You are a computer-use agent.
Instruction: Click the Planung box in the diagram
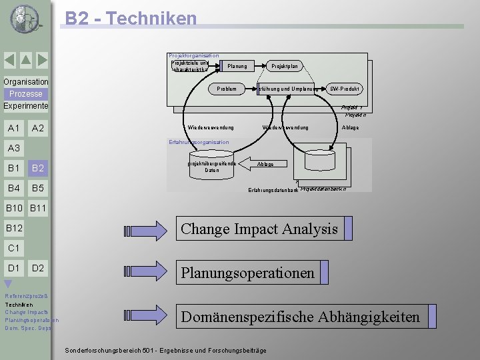[237, 66]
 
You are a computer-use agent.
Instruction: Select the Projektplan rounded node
[284, 66]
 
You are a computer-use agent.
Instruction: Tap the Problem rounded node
[226, 89]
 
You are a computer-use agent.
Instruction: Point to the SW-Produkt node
[345, 89]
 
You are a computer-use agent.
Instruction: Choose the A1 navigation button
[13, 128]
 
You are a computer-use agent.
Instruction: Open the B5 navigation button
[38, 188]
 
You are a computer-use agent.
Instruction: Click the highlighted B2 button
[38, 168]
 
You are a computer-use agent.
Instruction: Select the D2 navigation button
[38, 268]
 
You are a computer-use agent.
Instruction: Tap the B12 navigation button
[14, 229]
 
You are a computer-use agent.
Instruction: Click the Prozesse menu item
[25, 94]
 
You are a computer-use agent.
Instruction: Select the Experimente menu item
[25, 106]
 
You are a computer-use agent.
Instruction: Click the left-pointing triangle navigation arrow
[9, 61]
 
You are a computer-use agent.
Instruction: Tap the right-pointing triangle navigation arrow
[41, 61]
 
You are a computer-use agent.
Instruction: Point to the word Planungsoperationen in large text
[247, 273]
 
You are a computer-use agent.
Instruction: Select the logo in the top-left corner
[25, 19]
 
